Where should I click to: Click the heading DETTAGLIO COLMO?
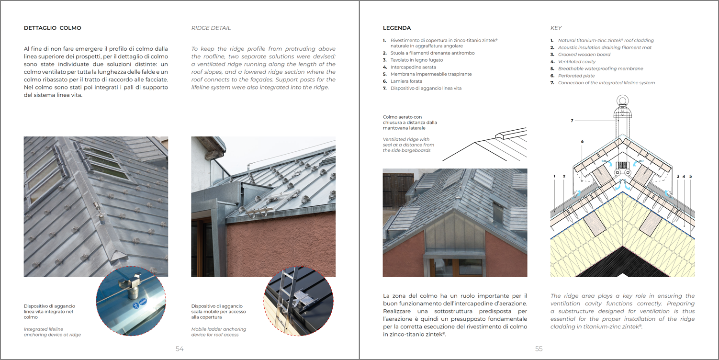coord(53,28)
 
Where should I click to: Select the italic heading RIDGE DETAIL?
coord(211,28)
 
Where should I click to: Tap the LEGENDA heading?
coord(397,28)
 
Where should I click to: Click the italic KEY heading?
coord(556,28)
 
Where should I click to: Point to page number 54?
coord(180,349)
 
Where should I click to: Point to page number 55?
coord(539,349)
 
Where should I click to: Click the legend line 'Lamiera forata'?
coord(406,81)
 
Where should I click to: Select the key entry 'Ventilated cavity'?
coord(577,62)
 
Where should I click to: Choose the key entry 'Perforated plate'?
coord(576,76)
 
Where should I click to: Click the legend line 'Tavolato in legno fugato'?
coord(416,60)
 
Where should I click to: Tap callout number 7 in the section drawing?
coord(572,121)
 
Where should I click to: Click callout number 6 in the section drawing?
coord(582,142)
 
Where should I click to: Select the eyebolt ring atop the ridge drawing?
coord(622,104)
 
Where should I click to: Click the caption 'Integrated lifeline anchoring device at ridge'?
coord(52,332)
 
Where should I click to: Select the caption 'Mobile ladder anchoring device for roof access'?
coord(219,332)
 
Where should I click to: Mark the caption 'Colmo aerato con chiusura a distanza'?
coord(410,123)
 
